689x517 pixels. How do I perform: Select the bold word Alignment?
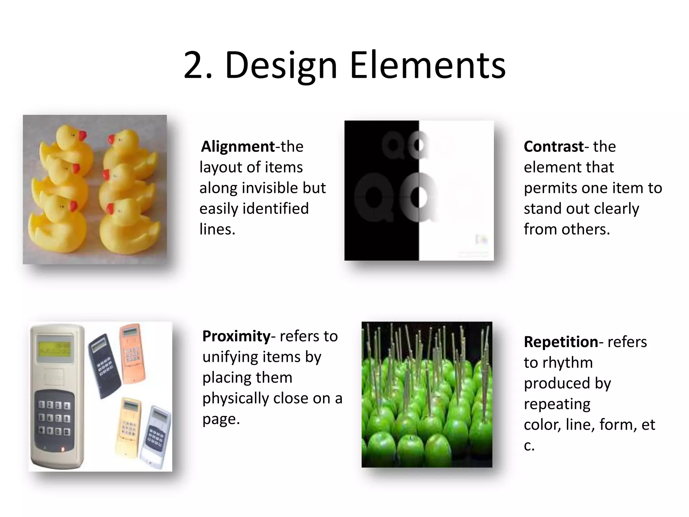point(238,146)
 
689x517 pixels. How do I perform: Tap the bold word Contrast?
point(553,146)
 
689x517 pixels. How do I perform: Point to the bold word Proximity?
point(236,336)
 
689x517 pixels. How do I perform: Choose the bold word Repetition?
point(561,342)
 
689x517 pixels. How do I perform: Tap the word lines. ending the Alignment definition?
point(217,229)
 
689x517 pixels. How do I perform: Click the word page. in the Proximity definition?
point(221,419)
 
